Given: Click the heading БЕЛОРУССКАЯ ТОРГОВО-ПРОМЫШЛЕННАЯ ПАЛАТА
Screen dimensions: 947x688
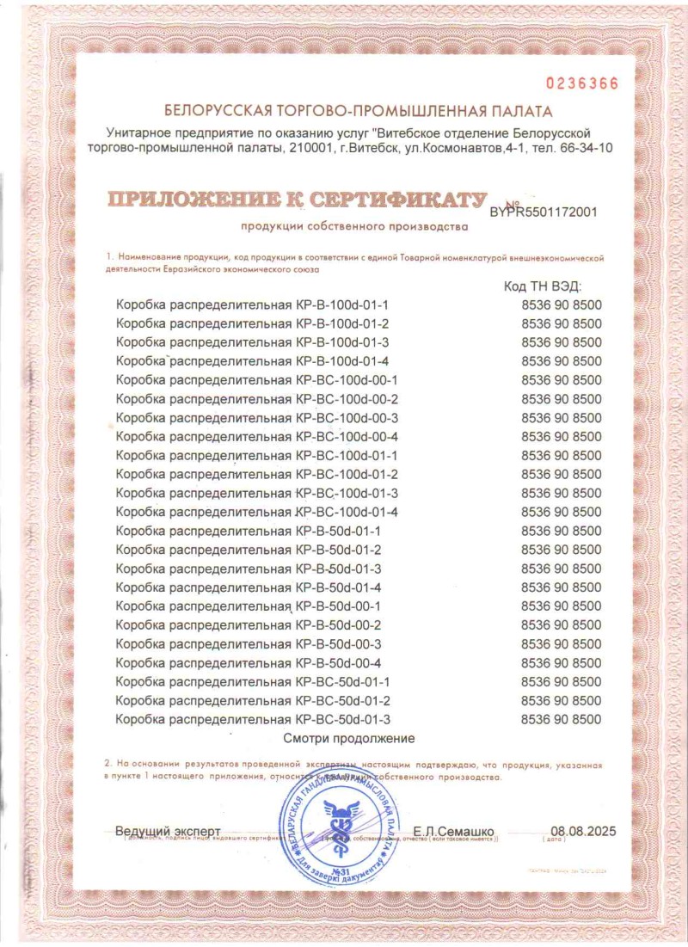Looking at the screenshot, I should click(x=359, y=111).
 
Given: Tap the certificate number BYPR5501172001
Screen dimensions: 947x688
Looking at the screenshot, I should click(x=543, y=211).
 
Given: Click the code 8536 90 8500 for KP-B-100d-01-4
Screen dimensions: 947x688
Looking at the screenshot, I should click(x=562, y=361).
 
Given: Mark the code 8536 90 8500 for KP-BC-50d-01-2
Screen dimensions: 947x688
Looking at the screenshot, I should click(x=562, y=700).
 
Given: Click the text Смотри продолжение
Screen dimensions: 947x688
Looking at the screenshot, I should click(x=349, y=738).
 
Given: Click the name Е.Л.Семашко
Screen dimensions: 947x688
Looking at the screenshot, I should click(x=453, y=832).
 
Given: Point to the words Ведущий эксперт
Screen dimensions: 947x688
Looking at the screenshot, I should click(x=168, y=832).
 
